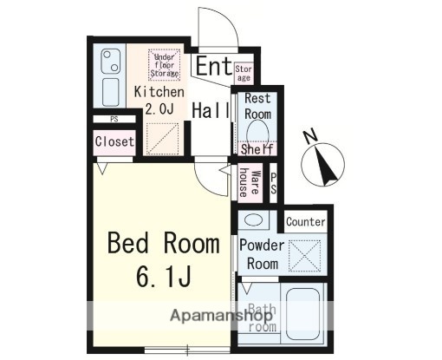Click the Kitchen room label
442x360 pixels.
[158, 91]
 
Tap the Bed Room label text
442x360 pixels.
[163, 244]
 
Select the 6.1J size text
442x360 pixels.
[162, 278]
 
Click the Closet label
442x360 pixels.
[114, 141]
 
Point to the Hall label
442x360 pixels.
[211, 110]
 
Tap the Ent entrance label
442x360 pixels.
[213, 66]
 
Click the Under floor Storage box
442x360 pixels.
[164, 65]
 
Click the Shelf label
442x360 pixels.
[257, 149]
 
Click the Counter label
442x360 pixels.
[305, 222]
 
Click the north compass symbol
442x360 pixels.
[323, 165]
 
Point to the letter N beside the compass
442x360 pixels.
[309, 136]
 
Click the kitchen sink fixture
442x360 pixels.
[111, 62]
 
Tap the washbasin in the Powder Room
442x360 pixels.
[253, 219]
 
